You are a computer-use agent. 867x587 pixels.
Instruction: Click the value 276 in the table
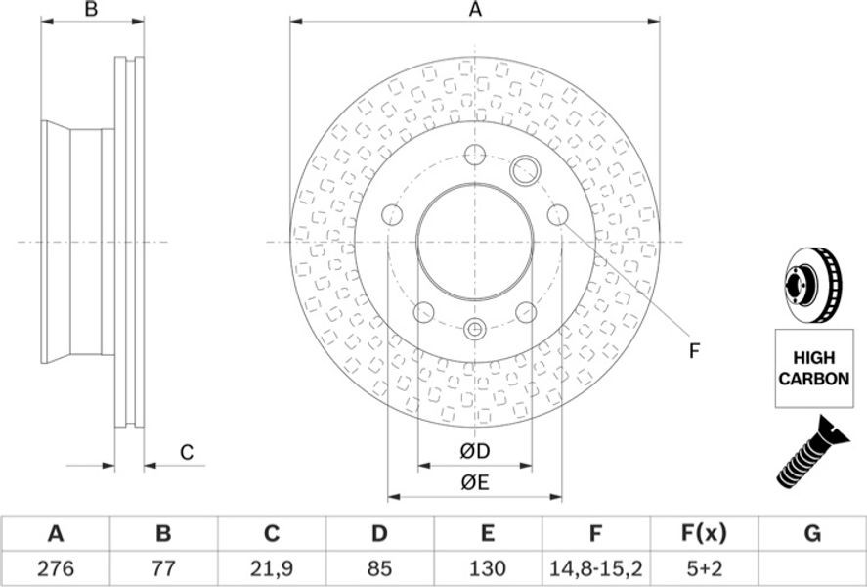[x=56, y=568]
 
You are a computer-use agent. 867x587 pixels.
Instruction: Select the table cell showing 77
[x=163, y=568]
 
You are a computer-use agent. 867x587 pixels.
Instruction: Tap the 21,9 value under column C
[x=272, y=568]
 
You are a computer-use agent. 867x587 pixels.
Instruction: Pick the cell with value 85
[x=379, y=568]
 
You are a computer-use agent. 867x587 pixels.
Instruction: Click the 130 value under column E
[x=487, y=568]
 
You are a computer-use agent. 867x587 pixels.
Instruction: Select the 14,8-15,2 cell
[x=595, y=568]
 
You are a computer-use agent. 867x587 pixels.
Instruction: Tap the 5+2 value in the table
[x=704, y=568]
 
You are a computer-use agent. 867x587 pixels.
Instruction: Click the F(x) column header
[x=704, y=534]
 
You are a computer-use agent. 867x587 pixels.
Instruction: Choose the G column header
[x=811, y=534]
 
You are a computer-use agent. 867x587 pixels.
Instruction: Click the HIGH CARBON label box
[x=814, y=369]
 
